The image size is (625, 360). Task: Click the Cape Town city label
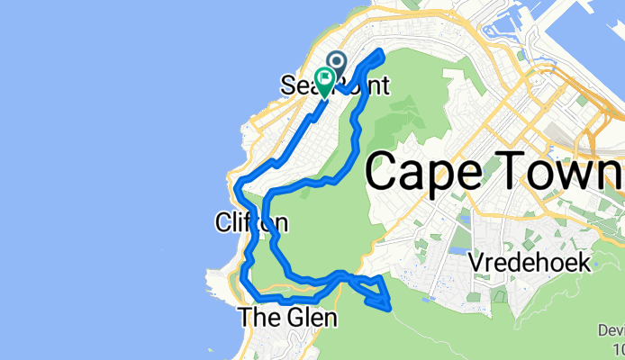494,170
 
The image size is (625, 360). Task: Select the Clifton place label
252,221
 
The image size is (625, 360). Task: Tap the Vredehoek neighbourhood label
530,264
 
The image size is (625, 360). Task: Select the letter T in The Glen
244,318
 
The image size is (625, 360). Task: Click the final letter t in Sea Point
385,86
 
